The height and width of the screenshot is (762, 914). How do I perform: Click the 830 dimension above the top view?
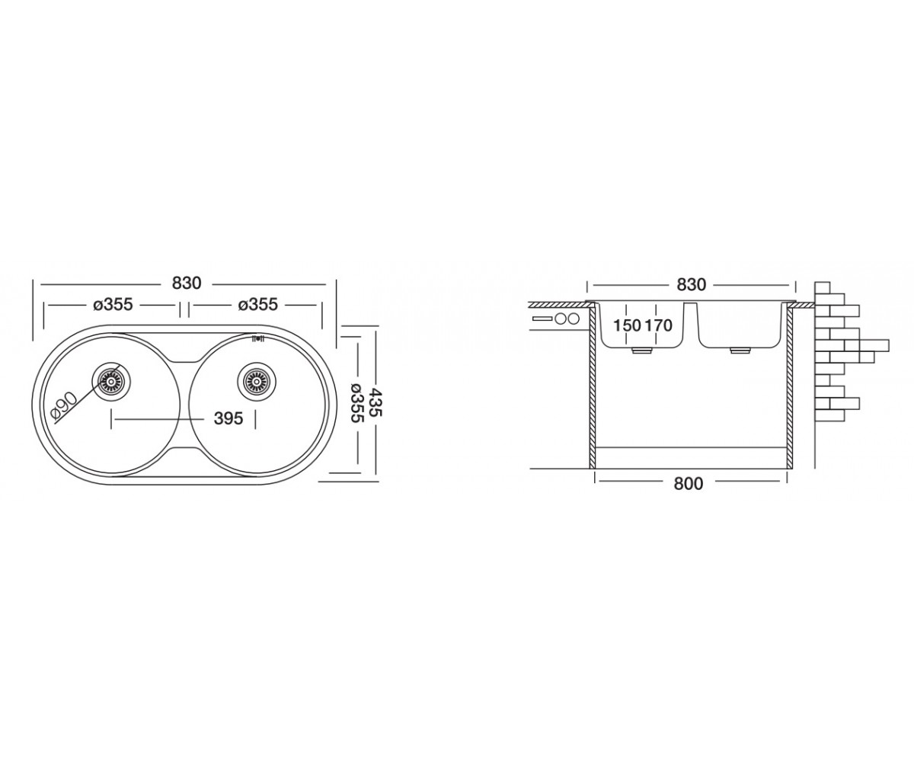(x=187, y=283)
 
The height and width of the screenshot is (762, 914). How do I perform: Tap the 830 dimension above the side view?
(x=691, y=285)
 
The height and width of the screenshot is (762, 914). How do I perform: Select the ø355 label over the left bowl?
(x=113, y=304)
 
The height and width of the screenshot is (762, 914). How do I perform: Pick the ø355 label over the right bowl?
(x=258, y=304)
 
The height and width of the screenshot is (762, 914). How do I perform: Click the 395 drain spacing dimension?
(x=228, y=418)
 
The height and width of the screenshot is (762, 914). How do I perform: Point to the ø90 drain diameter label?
(x=64, y=407)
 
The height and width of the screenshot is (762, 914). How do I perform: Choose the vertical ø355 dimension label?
(x=357, y=403)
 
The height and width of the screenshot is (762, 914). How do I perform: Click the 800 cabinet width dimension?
(x=688, y=483)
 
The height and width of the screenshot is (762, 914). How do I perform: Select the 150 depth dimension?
(x=627, y=326)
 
